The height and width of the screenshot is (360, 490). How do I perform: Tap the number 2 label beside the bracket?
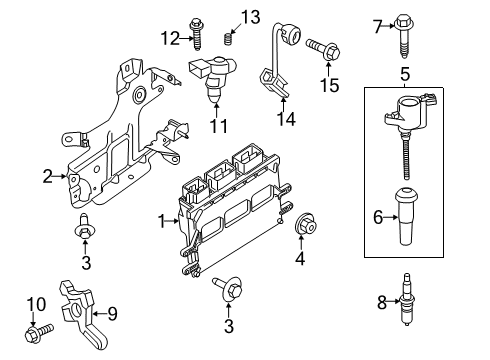click(x=47, y=177)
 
